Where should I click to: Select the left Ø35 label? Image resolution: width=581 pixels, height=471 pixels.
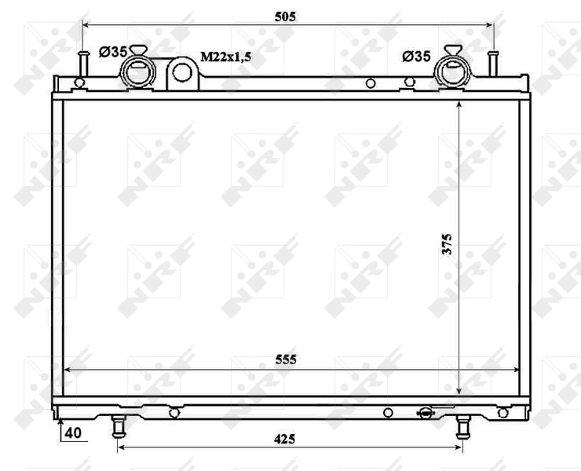113,53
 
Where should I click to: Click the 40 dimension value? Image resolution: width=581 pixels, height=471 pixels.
73,433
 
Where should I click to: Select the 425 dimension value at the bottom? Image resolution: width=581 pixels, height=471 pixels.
284,439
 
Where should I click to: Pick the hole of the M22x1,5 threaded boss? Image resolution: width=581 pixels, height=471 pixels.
182,73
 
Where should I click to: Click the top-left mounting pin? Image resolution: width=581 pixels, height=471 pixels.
82,63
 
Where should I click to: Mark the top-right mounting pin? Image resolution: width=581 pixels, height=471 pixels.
493,63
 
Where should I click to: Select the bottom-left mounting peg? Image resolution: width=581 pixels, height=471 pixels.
118,426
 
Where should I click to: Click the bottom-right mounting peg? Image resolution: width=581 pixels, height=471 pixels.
462,426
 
